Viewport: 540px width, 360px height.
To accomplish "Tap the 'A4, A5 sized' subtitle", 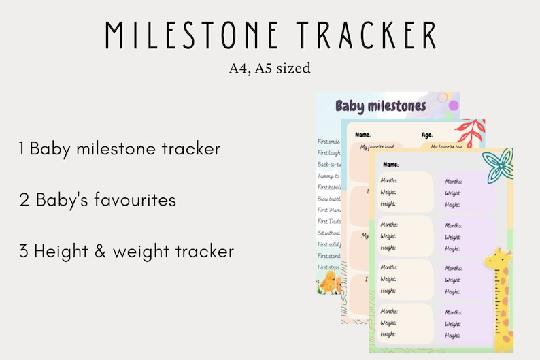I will (270, 68).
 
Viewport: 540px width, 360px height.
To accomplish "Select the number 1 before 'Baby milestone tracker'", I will (22, 149).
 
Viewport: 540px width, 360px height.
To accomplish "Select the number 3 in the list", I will (23, 251).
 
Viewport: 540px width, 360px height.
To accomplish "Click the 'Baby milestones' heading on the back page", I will (381, 106).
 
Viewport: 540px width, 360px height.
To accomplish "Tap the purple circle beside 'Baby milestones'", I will (454, 105).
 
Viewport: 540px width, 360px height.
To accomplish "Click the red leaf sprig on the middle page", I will (469, 132).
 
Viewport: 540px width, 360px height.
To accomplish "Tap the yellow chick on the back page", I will (328, 282).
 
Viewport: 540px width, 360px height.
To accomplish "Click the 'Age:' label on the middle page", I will (427, 135).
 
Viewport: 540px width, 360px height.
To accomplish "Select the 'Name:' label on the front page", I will (390, 165).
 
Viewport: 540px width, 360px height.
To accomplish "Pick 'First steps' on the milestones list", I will (329, 267).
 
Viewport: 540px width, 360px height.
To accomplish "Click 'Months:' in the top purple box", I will (454, 182).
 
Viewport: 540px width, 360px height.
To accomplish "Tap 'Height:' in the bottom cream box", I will (388, 334).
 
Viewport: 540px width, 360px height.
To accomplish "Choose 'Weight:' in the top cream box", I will (388, 193).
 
